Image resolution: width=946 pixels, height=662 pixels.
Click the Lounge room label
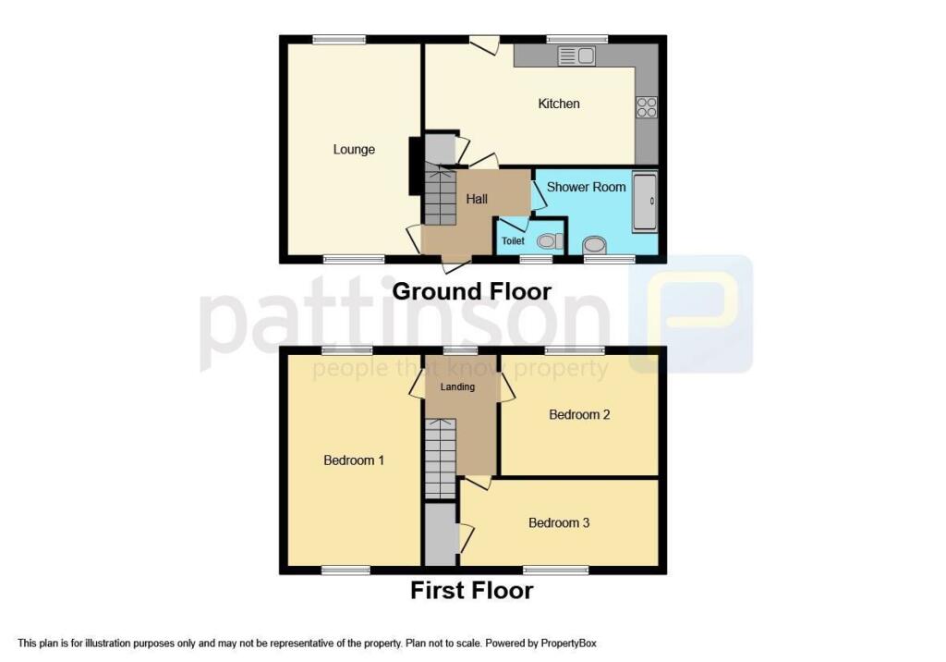point(354,149)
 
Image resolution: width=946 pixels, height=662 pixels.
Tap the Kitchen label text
point(559,104)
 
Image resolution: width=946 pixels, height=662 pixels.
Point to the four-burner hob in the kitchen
point(646,108)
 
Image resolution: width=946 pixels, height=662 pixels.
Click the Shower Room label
point(586,187)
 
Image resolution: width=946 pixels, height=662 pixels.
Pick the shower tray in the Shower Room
point(644,201)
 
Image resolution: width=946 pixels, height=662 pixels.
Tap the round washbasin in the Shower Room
point(595,244)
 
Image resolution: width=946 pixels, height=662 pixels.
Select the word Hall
point(477,199)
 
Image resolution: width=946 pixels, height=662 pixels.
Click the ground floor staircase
point(441,195)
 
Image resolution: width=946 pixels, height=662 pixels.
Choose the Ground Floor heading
point(472,291)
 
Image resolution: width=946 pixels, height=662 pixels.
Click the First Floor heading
point(471,590)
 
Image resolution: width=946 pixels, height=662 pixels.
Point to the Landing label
point(457,386)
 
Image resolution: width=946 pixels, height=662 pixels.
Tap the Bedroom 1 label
point(354,460)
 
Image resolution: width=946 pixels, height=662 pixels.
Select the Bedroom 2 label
point(579,414)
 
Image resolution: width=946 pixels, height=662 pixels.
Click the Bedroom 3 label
point(559,522)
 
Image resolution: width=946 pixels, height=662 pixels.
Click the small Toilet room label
point(513,241)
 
